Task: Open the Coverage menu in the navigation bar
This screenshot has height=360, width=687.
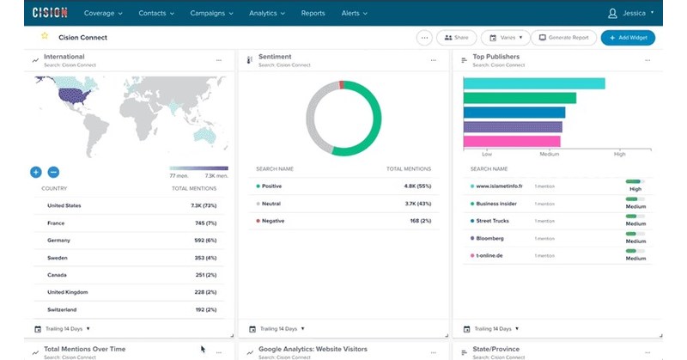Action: [103, 14]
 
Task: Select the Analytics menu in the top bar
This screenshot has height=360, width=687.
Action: [267, 14]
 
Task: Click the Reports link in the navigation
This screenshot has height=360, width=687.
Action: [313, 14]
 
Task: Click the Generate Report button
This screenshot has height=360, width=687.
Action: [563, 38]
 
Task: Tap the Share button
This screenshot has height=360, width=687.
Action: [457, 38]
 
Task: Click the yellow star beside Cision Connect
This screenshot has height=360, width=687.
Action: [45, 37]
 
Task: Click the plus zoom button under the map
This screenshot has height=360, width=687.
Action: [36, 172]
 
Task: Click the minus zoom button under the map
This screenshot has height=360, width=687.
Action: [53, 172]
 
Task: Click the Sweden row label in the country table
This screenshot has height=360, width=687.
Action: [58, 257]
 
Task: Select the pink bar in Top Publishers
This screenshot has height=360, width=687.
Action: [512, 142]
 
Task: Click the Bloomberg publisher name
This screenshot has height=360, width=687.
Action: [489, 238]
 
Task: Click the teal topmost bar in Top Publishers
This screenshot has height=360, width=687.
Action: [533, 83]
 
